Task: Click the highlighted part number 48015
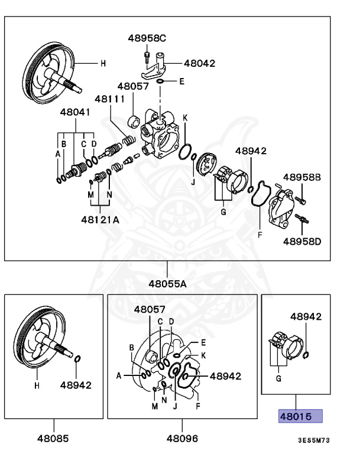click(x=300, y=417)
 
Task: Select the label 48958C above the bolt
click(x=147, y=38)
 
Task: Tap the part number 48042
click(x=199, y=63)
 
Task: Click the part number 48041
click(x=76, y=112)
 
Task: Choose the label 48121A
click(x=100, y=219)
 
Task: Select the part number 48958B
click(x=301, y=177)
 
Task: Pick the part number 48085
click(x=53, y=439)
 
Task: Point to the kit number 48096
click(x=182, y=439)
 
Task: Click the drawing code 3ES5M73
click(x=313, y=441)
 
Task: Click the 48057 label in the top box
click(x=133, y=86)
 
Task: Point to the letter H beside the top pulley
click(x=102, y=63)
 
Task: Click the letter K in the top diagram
click(x=185, y=118)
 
